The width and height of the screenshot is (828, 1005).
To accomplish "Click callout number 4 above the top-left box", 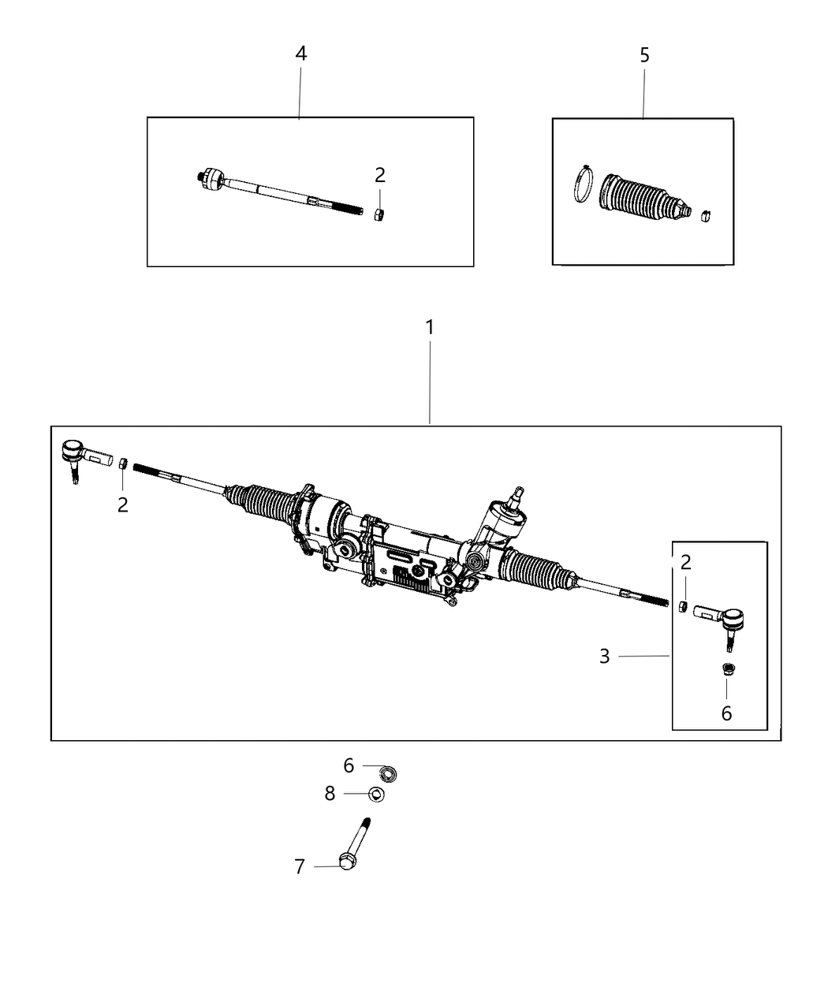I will point(300,54).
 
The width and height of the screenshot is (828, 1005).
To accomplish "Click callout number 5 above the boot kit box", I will point(644,55).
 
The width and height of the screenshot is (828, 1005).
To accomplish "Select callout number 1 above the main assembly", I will point(430,327).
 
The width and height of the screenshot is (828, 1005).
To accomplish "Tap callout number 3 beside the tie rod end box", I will point(604,656).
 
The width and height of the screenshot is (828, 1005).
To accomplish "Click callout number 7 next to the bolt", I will point(300,867).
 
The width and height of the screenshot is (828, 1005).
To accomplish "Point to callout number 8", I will point(330,794).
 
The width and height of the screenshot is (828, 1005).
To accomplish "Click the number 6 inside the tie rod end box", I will point(726,713).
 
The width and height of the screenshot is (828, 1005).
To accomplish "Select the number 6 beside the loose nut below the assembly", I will point(349,765).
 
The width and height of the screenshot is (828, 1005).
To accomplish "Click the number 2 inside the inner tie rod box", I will point(379,175).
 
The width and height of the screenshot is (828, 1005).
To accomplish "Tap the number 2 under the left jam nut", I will point(122,505).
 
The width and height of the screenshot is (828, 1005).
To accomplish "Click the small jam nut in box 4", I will point(379,214).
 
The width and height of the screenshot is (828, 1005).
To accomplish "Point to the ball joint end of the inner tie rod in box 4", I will point(211,179).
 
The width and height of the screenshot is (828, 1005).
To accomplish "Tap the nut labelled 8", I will point(377,794).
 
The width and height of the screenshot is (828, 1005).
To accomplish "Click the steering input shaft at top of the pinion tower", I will point(517,494).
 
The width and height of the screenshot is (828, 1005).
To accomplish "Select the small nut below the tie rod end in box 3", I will point(728,671).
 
